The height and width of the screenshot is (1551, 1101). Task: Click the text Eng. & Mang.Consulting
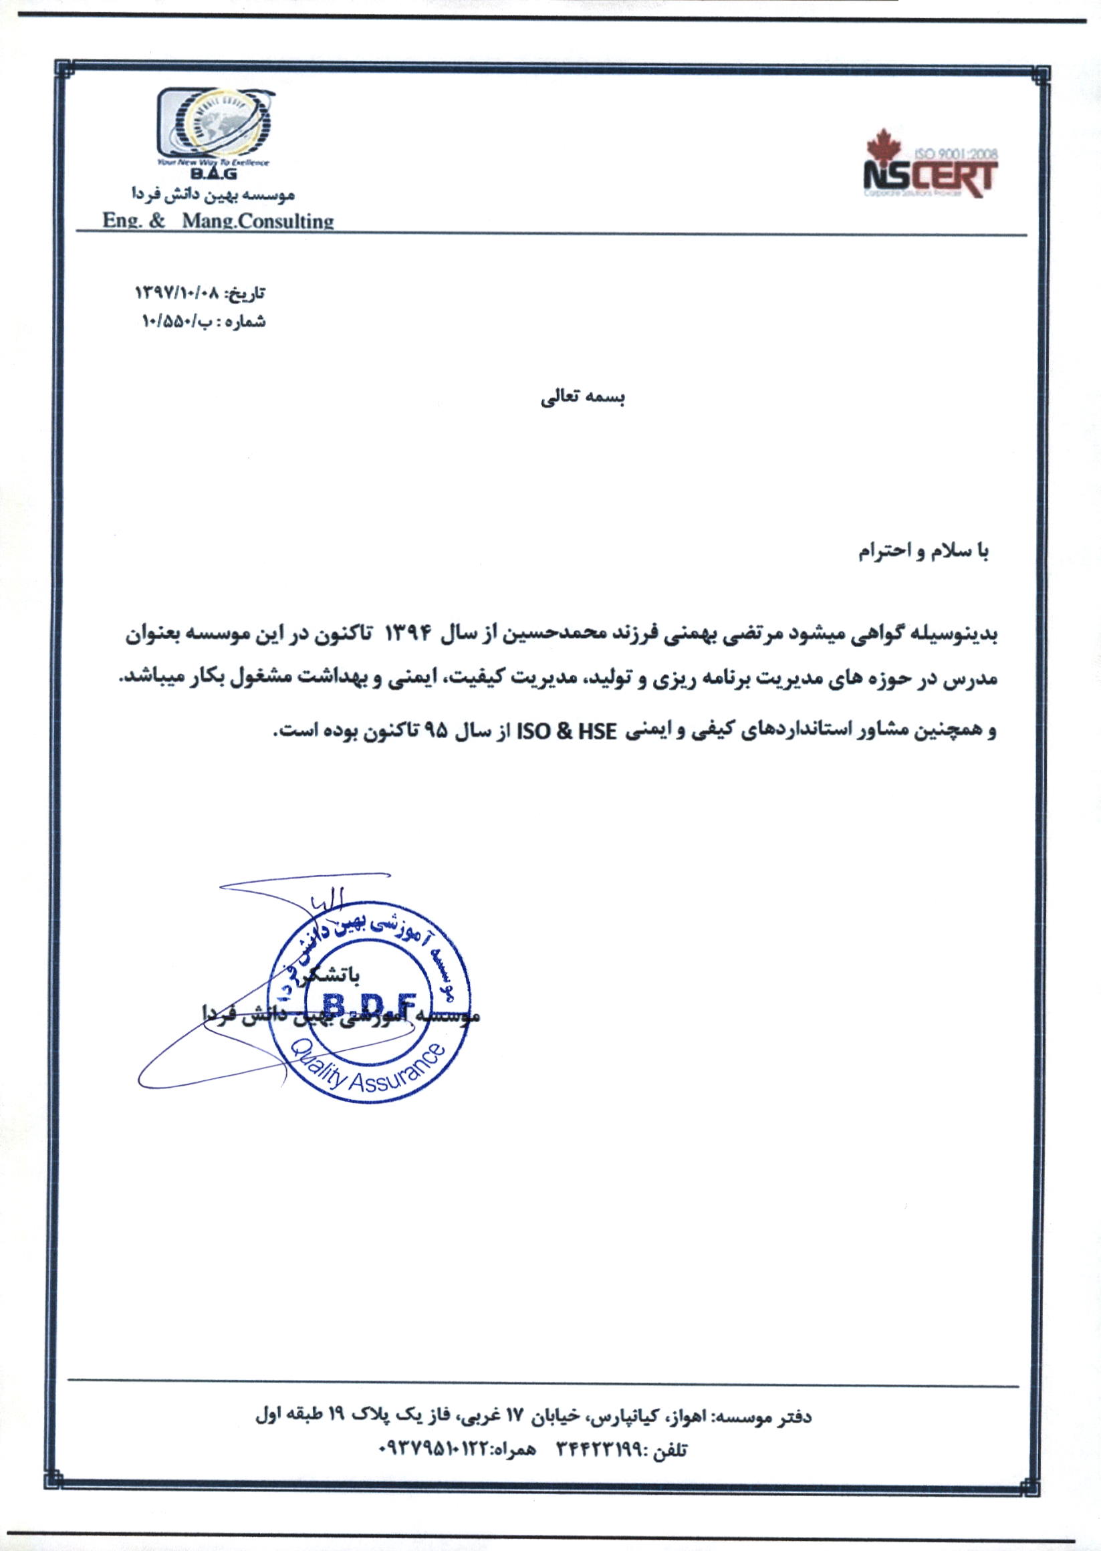pos(219,221)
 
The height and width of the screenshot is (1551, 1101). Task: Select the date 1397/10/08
pos(177,294)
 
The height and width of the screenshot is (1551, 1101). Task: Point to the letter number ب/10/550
pos(177,322)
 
